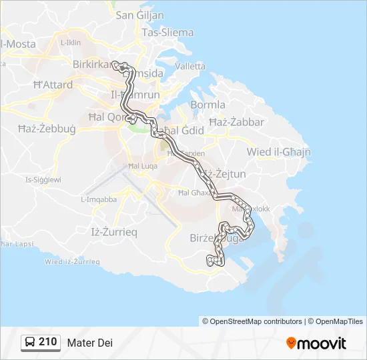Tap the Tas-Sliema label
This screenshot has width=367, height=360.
(167, 32)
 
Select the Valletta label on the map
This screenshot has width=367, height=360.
(191, 66)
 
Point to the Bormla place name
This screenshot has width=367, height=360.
(208, 105)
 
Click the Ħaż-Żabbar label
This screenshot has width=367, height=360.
(236, 122)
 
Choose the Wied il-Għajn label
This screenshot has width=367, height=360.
(278, 152)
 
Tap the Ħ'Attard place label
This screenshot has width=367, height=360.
(53, 85)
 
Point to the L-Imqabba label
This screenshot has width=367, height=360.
(99, 199)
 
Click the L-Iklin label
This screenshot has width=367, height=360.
(70, 42)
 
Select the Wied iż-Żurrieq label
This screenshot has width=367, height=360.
(72, 262)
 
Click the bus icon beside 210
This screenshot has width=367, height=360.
(30, 343)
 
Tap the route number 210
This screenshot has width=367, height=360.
(47, 342)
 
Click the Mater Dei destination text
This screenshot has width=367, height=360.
(89, 343)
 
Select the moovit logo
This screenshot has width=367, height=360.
(316, 343)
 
